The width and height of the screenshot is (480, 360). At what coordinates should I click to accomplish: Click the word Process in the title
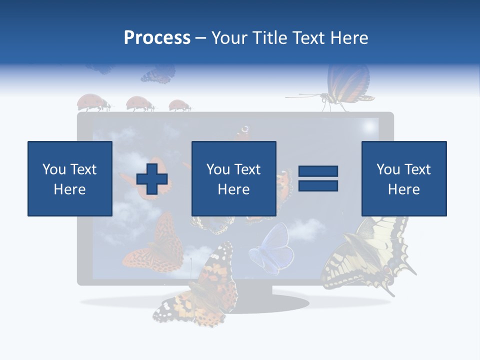(157, 37)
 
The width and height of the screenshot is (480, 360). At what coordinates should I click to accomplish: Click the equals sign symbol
(318, 178)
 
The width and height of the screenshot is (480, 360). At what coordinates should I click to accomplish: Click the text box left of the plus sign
(70, 178)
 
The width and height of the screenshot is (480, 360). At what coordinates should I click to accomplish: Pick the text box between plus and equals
(233, 178)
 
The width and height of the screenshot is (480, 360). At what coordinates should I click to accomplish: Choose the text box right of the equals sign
(403, 178)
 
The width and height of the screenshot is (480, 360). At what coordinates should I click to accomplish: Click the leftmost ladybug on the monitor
(93, 102)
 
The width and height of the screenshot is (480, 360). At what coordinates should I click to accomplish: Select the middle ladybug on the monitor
(139, 103)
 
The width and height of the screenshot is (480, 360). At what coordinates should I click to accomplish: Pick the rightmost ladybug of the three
(179, 105)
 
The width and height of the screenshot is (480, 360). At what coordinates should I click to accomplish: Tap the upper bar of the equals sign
(318, 171)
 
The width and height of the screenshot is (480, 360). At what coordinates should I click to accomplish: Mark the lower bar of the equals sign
(318, 185)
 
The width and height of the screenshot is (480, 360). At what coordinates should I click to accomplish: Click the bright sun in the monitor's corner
(370, 126)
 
